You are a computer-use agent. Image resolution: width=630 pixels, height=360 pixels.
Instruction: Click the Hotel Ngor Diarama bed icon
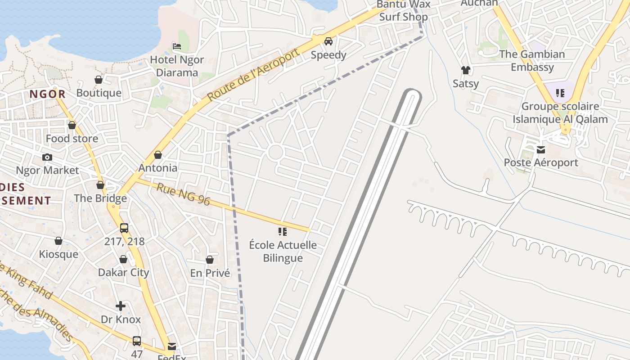(x=177, y=46)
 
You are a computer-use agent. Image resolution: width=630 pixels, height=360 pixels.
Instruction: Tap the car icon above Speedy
(x=328, y=41)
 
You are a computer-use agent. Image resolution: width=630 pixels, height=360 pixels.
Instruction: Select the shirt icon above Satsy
(x=465, y=70)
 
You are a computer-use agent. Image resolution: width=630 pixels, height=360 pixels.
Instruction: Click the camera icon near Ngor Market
(x=47, y=157)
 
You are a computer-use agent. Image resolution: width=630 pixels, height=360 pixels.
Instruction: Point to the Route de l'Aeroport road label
(x=253, y=75)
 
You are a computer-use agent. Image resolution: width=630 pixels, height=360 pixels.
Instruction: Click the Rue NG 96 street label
(x=183, y=194)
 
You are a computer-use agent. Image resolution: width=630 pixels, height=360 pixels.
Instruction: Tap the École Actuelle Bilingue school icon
(x=283, y=232)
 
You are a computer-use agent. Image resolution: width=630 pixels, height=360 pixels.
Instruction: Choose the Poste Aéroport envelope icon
(x=541, y=149)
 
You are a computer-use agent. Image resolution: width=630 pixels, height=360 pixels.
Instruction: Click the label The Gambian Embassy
(x=532, y=61)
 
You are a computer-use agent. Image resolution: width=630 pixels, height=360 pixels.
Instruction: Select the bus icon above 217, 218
(x=124, y=228)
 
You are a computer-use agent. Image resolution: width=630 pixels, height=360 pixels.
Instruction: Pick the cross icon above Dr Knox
(x=121, y=306)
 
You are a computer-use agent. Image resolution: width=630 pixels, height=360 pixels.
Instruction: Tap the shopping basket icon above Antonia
(x=158, y=155)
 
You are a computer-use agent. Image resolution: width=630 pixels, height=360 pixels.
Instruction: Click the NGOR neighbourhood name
(x=48, y=94)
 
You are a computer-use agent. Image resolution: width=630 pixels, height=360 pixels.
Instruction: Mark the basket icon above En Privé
(x=210, y=260)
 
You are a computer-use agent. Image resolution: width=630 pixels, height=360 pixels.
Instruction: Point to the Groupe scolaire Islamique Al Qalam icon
(x=560, y=93)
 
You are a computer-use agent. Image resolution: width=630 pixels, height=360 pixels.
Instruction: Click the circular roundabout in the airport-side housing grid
(x=275, y=152)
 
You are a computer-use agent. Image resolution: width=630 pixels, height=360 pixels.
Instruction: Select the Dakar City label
(x=123, y=272)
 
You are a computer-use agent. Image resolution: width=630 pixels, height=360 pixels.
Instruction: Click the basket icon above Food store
(x=72, y=125)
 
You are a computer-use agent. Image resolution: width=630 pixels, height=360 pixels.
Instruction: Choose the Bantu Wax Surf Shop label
(x=403, y=11)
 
